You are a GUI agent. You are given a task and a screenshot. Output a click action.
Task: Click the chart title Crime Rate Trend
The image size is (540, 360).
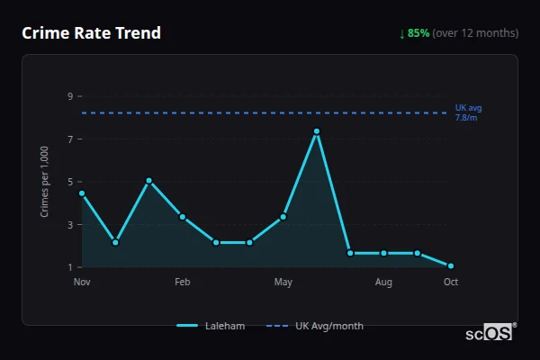point(91,33)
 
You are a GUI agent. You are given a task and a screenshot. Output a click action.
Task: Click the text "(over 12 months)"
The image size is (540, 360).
point(475,33)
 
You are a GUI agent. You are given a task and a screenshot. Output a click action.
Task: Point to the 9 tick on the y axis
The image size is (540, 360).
point(70,96)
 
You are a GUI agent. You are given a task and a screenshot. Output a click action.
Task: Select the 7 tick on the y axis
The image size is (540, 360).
point(70,139)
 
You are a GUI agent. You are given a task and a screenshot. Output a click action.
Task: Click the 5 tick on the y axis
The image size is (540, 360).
point(70,182)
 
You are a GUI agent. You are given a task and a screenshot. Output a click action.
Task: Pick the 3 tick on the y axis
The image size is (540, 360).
point(70,225)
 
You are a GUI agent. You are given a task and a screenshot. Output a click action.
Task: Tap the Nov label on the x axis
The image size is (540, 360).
point(82,283)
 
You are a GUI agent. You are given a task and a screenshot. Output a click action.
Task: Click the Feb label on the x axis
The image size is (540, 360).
point(183,283)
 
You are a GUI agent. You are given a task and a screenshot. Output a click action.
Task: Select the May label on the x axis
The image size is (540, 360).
point(283,283)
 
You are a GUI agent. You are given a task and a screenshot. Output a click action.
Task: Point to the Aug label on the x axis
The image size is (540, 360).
point(383,283)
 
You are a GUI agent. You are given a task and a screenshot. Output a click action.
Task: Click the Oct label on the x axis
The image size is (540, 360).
point(451,283)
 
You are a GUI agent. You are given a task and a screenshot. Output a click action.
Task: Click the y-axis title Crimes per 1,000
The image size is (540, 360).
point(45,182)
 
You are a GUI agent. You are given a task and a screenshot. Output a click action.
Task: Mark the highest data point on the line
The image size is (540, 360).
point(317,131)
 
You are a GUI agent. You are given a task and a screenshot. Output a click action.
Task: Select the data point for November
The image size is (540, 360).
point(82,193)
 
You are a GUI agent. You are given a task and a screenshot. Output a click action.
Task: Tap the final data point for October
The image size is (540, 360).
point(451,265)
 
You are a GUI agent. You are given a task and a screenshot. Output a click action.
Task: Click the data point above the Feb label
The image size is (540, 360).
point(183,217)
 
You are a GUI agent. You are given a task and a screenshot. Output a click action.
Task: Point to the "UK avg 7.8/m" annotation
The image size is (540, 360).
point(468,112)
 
